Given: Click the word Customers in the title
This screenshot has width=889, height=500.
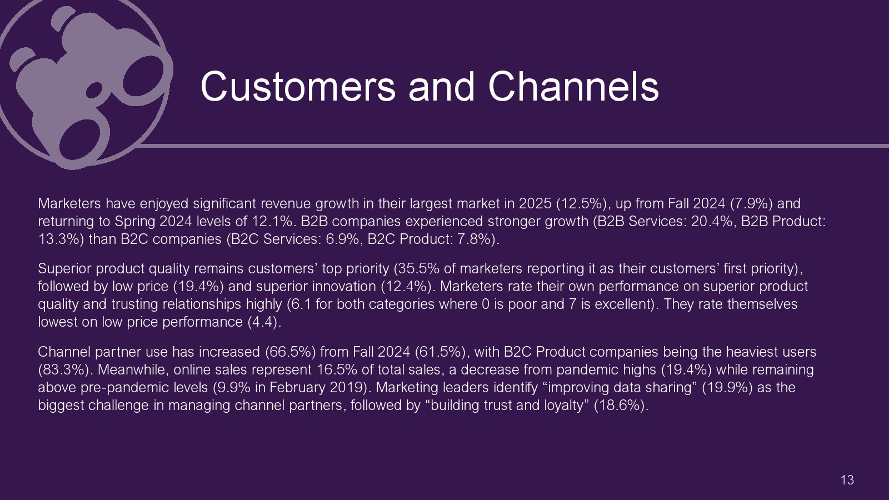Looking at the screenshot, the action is [298, 87].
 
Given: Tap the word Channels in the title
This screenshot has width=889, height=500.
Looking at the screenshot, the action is [573, 87].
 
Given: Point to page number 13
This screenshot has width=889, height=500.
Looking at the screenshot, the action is [847, 480].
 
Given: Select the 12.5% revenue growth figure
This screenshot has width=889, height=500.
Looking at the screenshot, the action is [581, 203].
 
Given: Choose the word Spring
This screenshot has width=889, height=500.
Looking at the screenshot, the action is [135, 222].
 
